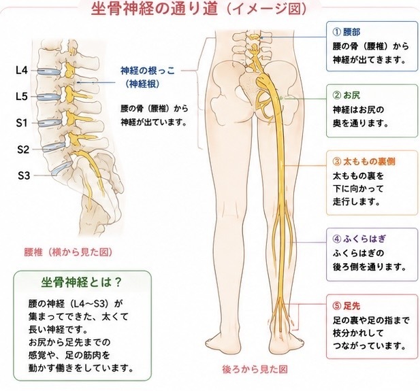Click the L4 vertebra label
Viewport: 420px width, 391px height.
click(22, 71)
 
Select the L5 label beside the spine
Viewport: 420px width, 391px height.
click(22, 97)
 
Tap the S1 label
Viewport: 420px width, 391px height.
click(22, 123)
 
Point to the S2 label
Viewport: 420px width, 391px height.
click(23, 150)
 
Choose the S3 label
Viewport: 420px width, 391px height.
click(24, 175)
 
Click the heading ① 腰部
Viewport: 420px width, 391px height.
click(346, 32)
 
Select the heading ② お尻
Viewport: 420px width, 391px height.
click(346, 95)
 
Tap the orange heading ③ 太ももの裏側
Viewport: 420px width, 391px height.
click(364, 161)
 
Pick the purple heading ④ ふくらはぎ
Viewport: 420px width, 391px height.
click(359, 239)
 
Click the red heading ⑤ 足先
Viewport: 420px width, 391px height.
click(346, 305)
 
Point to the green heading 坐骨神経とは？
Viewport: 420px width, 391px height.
click(82, 282)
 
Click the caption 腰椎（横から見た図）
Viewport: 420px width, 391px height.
click(68, 252)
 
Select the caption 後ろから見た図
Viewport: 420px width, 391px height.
click(255, 369)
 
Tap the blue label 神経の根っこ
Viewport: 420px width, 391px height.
click(148, 71)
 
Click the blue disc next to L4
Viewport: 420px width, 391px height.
click(48, 71)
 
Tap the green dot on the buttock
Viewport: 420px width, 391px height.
click(281, 99)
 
